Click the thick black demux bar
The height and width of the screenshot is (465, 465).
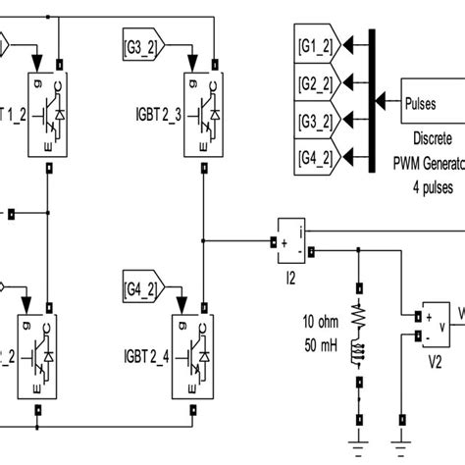[x=371, y=100]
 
